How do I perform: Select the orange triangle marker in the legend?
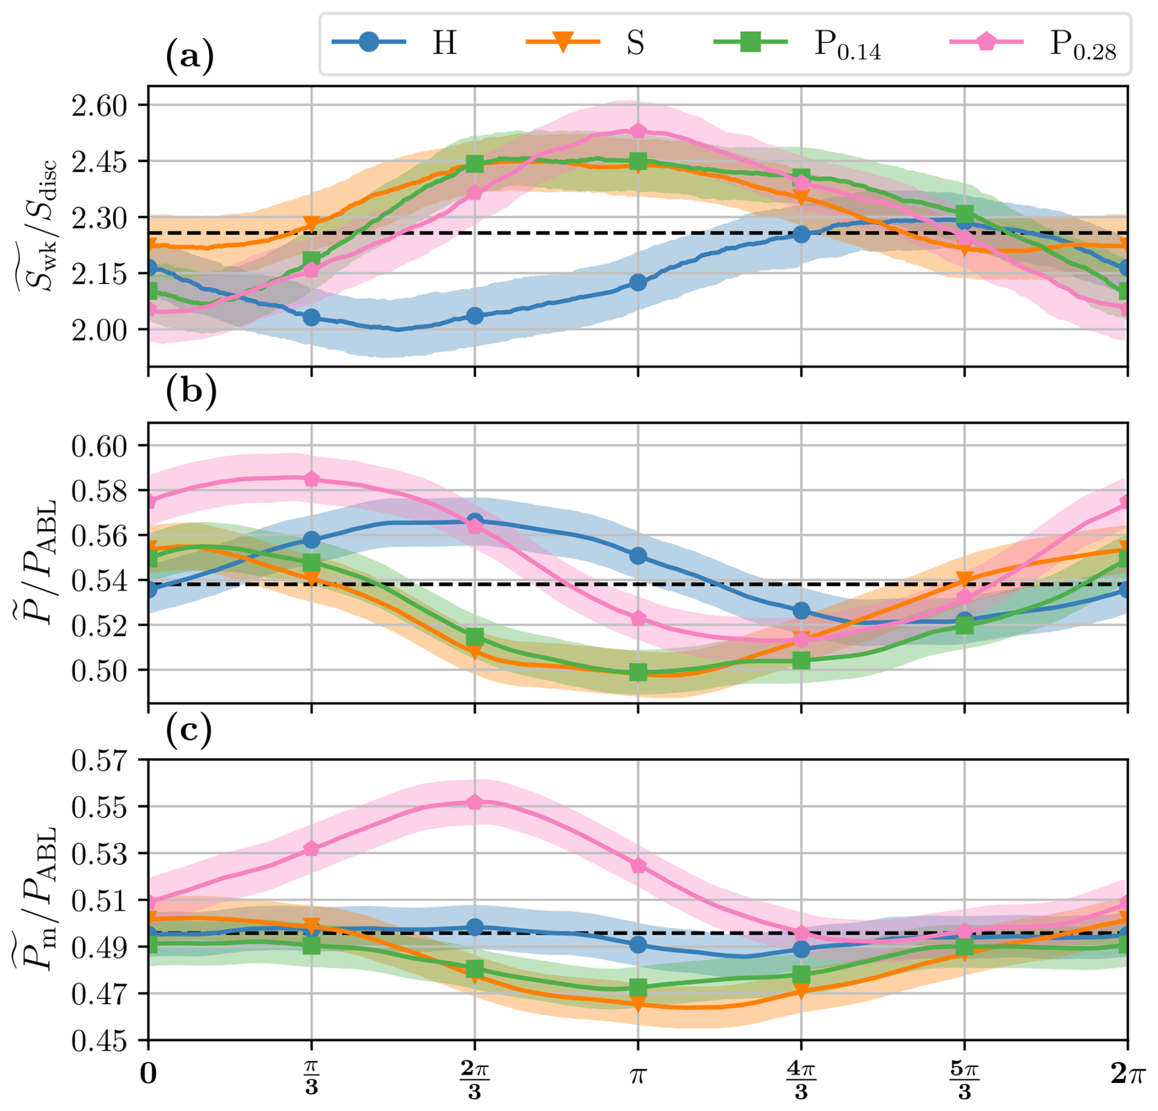tap(562, 43)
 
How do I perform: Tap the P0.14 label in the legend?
tap(847, 45)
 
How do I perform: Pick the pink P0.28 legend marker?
tap(986, 42)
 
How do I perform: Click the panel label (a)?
tap(190, 57)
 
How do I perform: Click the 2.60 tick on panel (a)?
tap(99, 105)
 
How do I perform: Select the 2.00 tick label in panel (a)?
tap(99, 330)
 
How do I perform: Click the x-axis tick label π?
tap(638, 1074)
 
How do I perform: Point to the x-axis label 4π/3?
tap(801, 1080)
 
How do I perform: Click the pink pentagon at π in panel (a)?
tap(638, 131)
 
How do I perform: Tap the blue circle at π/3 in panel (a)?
tap(312, 317)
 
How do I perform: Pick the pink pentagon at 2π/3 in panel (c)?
tap(475, 802)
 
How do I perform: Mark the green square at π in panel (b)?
tap(638, 672)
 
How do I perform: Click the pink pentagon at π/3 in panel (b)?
tap(312, 479)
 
